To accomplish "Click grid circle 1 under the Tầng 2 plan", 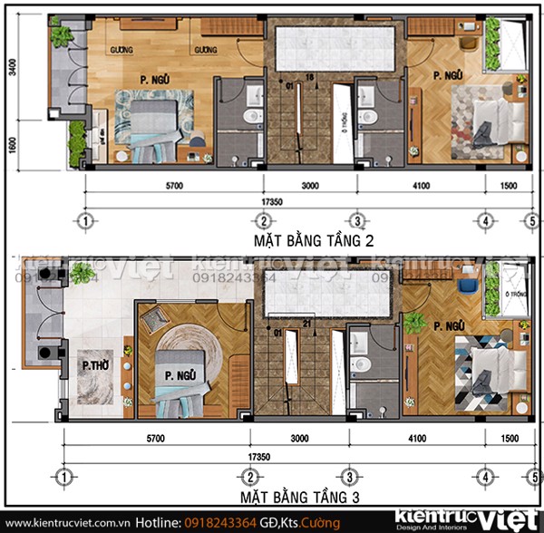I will [x=84, y=221].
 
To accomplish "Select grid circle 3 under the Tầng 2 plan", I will [x=357, y=221].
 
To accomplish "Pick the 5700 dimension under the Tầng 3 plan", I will [x=155, y=437].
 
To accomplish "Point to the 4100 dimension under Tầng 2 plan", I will [x=422, y=186].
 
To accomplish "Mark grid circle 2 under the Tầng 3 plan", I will [x=250, y=477].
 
